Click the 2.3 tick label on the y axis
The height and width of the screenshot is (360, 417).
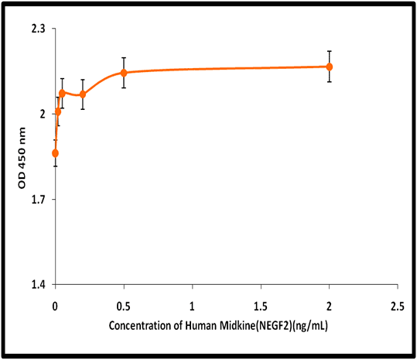(39, 29)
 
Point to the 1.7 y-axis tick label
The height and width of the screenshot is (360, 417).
(39, 200)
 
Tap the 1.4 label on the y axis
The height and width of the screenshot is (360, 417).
(39, 285)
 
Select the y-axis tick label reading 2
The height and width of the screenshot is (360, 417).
(43, 114)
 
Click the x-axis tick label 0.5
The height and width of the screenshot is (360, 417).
(124, 307)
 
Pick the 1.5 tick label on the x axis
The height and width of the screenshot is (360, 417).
(261, 307)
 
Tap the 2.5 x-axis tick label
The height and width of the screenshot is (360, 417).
(398, 307)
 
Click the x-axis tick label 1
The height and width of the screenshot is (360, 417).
(192, 307)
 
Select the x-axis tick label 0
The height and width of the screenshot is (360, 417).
(55, 307)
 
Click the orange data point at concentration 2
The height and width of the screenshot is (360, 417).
(330, 67)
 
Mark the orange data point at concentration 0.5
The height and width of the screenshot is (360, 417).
(124, 73)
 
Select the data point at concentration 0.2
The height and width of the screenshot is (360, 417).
(83, 94)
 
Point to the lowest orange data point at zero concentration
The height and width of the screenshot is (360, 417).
(56, 153)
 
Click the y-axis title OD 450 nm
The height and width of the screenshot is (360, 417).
(22, 158)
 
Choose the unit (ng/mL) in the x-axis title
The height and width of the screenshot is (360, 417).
(309, 326)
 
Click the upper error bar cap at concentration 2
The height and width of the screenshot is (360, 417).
(330, 51)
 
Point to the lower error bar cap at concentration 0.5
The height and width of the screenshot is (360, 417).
(124, 87)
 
